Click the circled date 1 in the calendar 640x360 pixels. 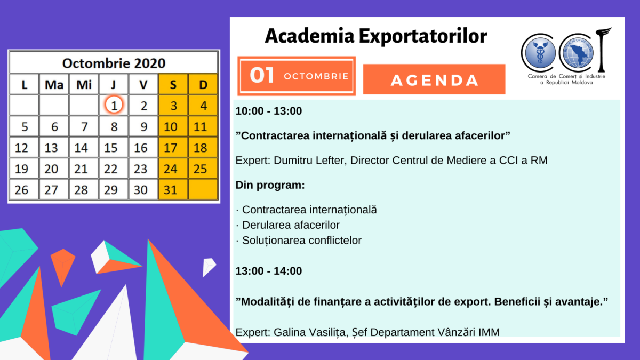(114, 105)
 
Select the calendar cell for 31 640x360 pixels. (173, 189)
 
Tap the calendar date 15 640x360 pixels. (114, 147)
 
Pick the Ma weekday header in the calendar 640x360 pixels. (54, 84)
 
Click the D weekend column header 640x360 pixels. (203, 84)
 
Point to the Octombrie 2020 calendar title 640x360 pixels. (114, 63)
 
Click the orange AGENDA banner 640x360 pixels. (434, 79)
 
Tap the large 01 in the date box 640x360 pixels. (262, 75)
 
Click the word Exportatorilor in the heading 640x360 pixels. (423, 36)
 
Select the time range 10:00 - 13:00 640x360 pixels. (269, 111)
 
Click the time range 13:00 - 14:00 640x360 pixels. (269, 271)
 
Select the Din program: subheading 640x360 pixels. (270, 185)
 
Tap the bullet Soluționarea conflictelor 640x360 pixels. (302, 241)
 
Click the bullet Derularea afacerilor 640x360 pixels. (291, 225)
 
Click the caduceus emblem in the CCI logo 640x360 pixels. (540, 53)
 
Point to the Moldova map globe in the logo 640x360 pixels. (578, 53)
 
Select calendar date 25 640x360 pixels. (203, 169)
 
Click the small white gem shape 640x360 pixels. (209, 267)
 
